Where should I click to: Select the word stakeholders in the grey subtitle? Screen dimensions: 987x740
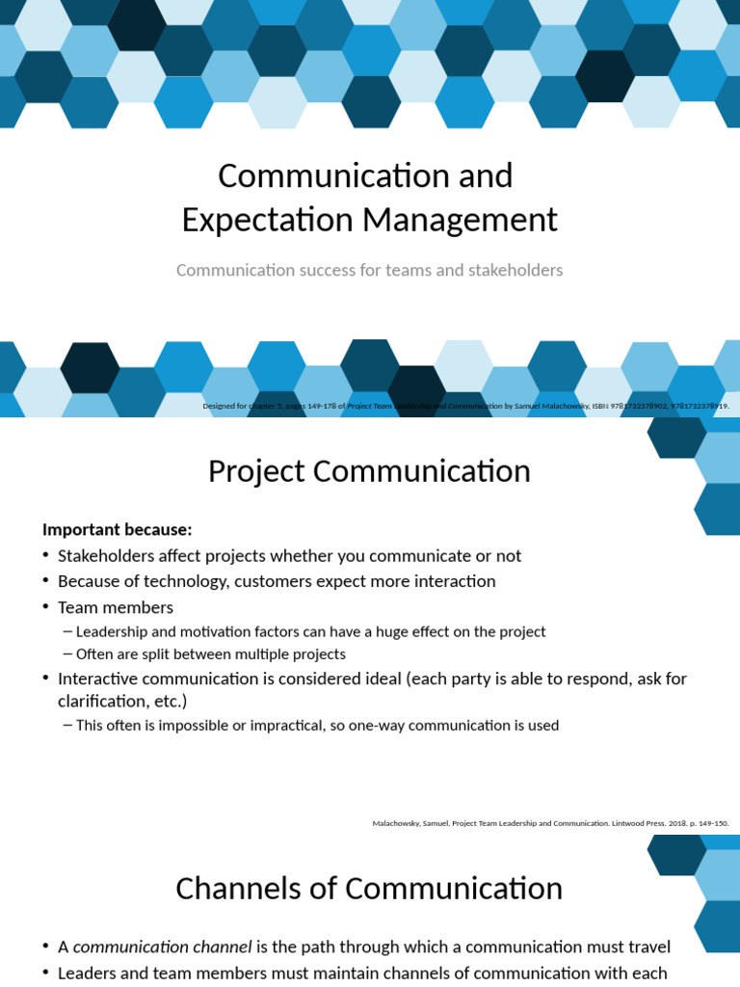pos(515,270)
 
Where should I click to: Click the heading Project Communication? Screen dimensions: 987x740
pos(369,471)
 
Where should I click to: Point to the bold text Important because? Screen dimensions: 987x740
pos(118,529)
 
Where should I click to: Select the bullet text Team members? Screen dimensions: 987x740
pos(116,607)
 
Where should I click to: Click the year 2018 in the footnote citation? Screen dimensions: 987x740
pos(662,823)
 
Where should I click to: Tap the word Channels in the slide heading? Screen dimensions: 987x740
pos(231,888)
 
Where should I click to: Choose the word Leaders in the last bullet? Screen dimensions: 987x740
pos(89,973)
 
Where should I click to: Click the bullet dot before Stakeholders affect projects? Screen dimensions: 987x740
pos(46,556)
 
